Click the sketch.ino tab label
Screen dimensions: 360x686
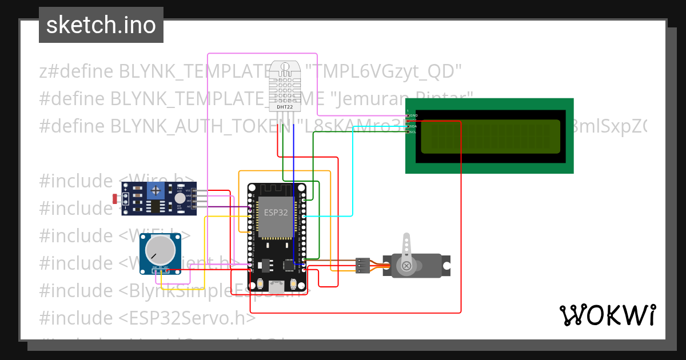pos(101,25)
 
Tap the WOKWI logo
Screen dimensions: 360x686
pos(607,315)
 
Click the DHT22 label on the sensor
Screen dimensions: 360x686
pos(285,106)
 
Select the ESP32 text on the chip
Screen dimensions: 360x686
pos(276,212)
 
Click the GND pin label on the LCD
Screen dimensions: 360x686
pos(413,115)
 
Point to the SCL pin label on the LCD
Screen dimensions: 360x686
pos(413,132)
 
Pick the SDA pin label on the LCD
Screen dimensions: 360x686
pos(413,126)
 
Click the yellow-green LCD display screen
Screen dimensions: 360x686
pos(490,137)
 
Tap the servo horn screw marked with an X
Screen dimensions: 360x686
pos(406,266)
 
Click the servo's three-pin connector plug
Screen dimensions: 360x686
pos(362,265)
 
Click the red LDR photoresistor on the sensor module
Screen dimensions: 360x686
pos(115,199)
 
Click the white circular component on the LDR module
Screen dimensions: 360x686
pos(181,198)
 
